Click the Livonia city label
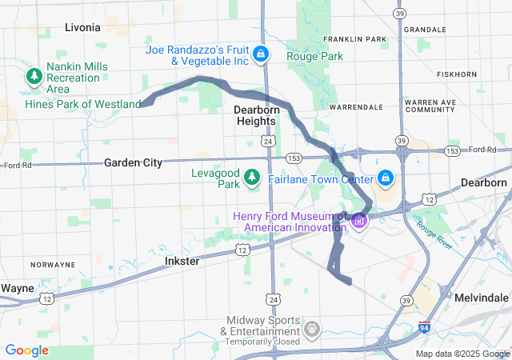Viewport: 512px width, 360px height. (82, 28)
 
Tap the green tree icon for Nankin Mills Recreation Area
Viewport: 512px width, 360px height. (34, 77)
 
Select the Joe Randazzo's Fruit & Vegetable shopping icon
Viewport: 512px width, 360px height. (260, 54)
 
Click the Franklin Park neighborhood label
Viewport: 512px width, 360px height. (354, 39)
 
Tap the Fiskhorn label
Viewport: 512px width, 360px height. (457, 74)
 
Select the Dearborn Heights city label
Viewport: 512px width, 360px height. (254, 114)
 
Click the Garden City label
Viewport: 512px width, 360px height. (133, 162)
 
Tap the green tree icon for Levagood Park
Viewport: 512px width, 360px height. (253, 176)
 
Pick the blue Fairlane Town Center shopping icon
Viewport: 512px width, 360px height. (385, 177)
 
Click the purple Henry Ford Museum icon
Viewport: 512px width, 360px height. (358, 220)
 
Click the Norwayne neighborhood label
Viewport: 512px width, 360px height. (53, 264)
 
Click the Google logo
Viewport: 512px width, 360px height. (27, 350)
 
